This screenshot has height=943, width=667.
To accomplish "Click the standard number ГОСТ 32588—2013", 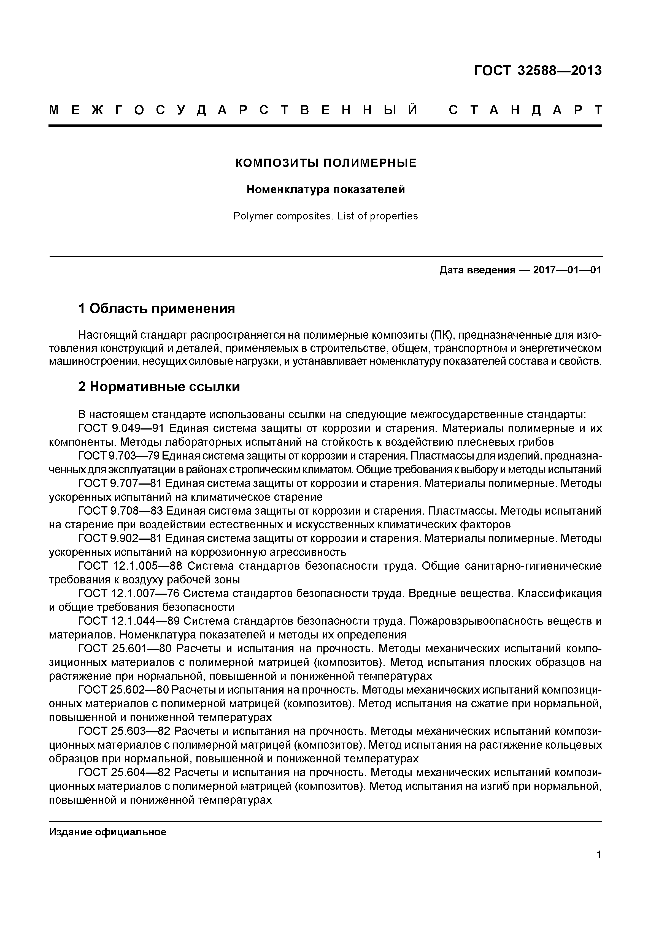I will click(x=538, y=71).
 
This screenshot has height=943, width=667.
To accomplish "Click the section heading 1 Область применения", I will click(x=156, y=308).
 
